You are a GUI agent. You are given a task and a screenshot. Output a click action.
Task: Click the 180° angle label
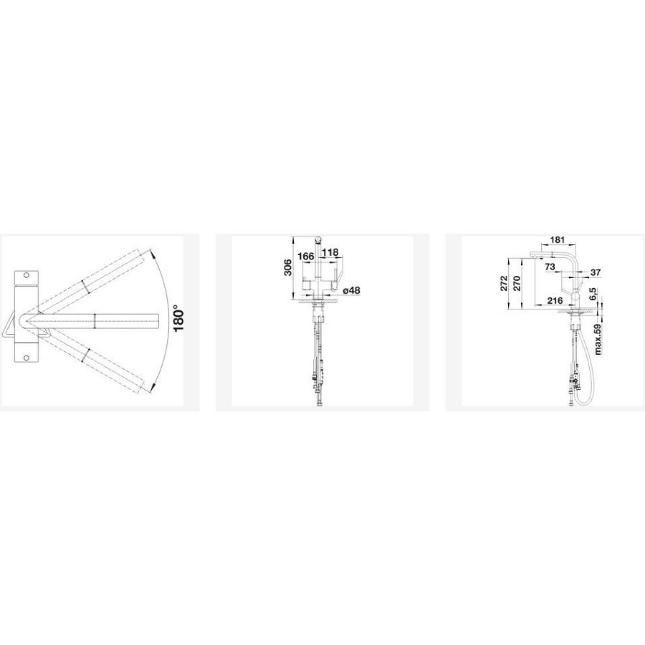[x=178, y=318]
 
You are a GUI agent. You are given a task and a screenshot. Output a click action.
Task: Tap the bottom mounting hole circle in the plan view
[x=27, y=358]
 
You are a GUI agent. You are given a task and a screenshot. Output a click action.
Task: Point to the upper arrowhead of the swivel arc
[x=154, y=255]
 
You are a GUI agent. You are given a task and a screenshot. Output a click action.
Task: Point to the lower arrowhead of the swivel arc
[x=154, y=386]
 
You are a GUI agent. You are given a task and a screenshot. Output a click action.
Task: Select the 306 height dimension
[x=288, y=267]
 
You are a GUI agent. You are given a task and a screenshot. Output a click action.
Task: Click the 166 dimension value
[x=305, y=257]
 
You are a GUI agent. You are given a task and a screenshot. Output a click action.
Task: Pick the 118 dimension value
[x=330, y=252]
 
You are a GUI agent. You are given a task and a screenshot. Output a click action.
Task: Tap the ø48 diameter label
[x=351, y=290]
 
